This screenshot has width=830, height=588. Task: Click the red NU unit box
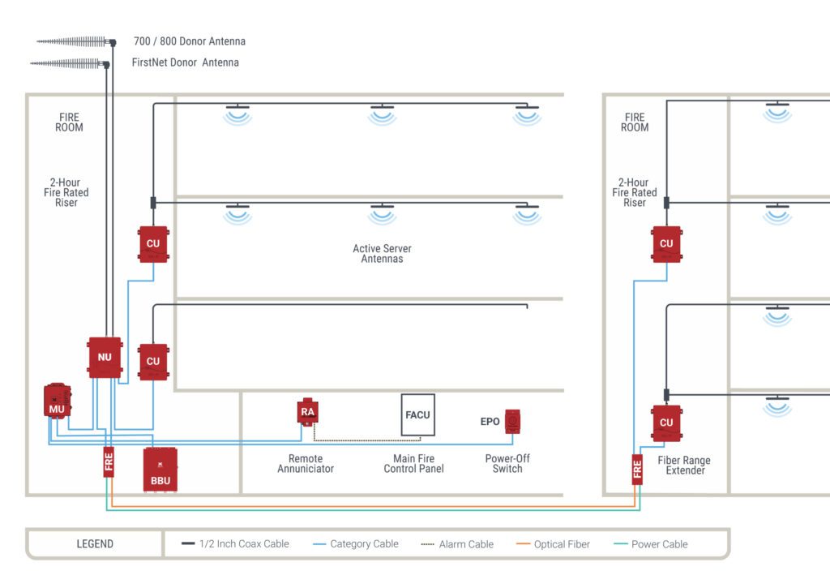pyautogui.click(x=105, y=358)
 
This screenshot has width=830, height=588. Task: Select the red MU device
pyautogui.click(x=57, y=401)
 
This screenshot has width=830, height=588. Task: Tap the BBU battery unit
pyautogui.click(x=160, y=470)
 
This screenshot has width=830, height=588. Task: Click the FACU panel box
pyautogui.click(x=417, y=414)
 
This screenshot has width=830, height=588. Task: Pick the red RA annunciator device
pyautogui.click(x=307, y=411)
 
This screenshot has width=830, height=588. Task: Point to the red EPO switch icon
pyautogui.click(x=512, y=422)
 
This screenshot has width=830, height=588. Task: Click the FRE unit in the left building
pyautogui.click(x=109, y=461)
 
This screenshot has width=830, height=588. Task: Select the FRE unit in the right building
pyautogui.click(x=637, y=470)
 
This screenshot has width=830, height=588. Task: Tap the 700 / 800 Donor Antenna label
pyautogui.click(x=189, y=41)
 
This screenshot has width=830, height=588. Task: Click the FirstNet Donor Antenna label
pyautogui.click(x=185, y=62)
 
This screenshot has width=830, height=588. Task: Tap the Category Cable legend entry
pyautogui.click(x=356, y=544)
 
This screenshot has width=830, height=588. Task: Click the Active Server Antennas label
pyautogui.click(x=382, y=254)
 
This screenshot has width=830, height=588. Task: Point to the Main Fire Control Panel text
pyautogui.click(x=413, y=464)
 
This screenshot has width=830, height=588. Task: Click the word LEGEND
pyautogui.click(x=95, y=544)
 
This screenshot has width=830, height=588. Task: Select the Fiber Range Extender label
pyautogui.click(x=683, y=466)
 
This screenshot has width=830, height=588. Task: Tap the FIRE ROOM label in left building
pyautogui.click(x=69, y=122)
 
